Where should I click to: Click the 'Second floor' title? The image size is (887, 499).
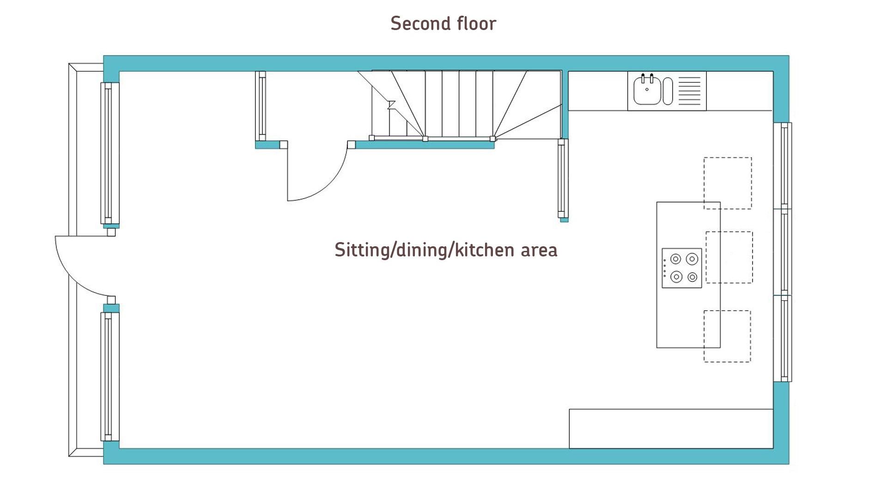coord(443,24)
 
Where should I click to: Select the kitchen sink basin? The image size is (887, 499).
coord(647,91)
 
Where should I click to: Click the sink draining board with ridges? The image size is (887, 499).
coord(689,91)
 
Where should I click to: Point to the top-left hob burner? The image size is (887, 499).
coord(676,259)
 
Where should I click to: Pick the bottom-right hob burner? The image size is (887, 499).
coord(692,277)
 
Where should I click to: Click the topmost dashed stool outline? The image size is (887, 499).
coord(728,183)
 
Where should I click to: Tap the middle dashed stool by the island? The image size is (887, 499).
coord(729,257)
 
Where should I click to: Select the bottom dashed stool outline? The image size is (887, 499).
coord(727,336)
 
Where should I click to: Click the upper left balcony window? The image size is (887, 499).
coord(109,153)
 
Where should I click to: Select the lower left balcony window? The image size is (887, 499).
coord(109,376)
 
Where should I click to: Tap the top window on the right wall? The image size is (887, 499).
coord(783,165)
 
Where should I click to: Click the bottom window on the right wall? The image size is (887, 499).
coord(783,339)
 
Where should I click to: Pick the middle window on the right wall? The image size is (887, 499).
coord(783,252)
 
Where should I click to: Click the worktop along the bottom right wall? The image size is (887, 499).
coord(671,428)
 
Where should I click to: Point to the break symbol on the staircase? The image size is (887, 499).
coord(391,105)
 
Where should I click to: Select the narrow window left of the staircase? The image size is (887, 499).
coord(261,106)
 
